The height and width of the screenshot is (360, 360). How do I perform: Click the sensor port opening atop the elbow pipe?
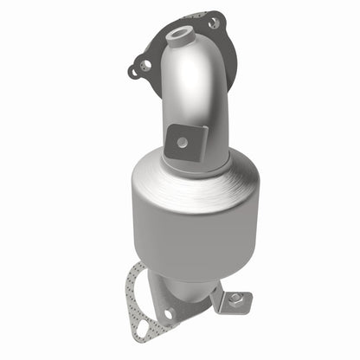click(180, 35)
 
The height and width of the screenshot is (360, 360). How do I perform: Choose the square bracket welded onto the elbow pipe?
click(183, 138)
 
